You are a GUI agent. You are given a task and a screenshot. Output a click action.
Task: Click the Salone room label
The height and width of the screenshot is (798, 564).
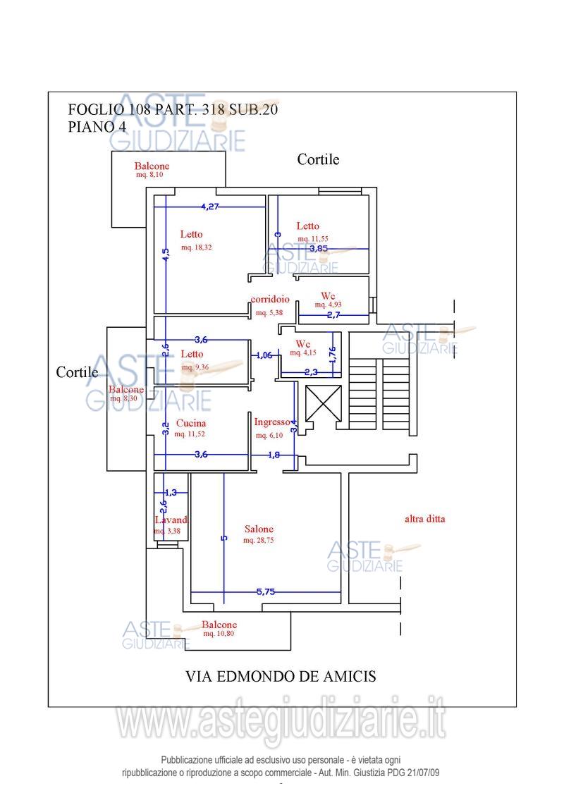pyautogui.click(x=259, y=529)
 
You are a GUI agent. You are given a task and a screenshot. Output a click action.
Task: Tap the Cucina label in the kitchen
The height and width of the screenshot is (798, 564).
pyautogui.click(x=191, y=424)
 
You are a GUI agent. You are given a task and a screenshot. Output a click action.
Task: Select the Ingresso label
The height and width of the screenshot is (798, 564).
pyautogui.click(x=272, y=422)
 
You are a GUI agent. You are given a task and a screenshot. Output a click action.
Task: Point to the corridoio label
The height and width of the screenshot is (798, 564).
pyautogui.click(x=270, y=300)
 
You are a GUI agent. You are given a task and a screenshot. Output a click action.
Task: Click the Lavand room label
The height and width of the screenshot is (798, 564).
pyautogui.click(x=171, y=520)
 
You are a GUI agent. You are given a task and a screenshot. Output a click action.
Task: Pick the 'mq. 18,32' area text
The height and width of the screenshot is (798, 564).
pyautogui.click(x=197, y=247)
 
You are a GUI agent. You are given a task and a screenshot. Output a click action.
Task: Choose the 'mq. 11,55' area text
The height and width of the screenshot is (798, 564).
pyautogui.click(x=312, y=239)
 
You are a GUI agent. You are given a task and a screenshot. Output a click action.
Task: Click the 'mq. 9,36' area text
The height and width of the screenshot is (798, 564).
pyautogui.click(x=195, y=367)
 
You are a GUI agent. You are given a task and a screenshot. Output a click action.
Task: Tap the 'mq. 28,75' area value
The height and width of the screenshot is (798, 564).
pyautogui.click(x=258, y=541)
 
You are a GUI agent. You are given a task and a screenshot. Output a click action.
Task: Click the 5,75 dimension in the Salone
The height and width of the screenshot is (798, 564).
pyautogui.click(x=265, y=592)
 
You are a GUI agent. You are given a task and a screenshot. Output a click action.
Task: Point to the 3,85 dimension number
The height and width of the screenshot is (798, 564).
pyautogui.click(x=319, y=248)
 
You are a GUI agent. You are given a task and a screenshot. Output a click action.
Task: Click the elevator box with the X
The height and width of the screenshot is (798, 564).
pyautogui.click(x=324, y=404)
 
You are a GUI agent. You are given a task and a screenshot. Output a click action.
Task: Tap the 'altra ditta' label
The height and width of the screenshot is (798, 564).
pyautogui.click(x=424, y=519)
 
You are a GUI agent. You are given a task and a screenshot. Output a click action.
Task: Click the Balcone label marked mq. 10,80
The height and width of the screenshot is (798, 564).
pyautogui.click(x=219, y=625)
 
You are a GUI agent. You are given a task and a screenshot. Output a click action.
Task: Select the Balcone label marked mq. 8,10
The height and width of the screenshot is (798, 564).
pyautogui.click(x=152, y=166)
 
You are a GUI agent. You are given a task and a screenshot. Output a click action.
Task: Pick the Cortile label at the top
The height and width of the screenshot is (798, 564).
pyautogui.click(x=318, y=159)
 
